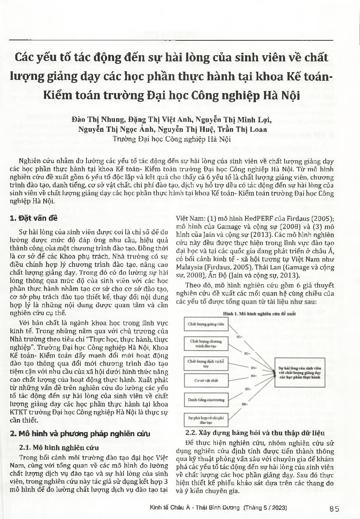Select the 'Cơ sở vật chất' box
coord(206,381)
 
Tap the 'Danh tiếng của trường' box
coord(206,400)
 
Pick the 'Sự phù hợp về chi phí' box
coord(206,420)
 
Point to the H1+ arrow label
coord(239,337)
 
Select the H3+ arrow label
coord(254,367)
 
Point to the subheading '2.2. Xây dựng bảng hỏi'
coord(255,433)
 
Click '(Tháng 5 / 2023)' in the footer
coord(266,507)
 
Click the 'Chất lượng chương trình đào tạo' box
coord(206,344)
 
